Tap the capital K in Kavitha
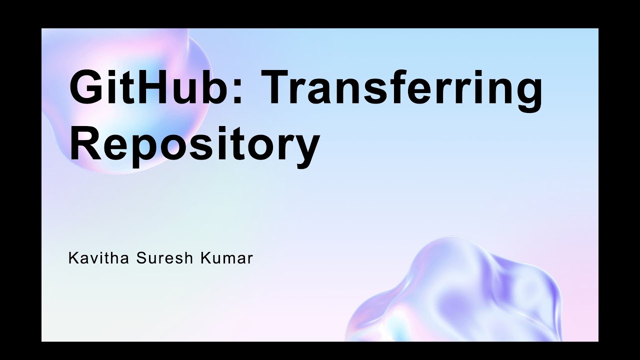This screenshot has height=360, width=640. tap(72, 259)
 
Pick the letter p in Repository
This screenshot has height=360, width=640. tap(145, 147)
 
